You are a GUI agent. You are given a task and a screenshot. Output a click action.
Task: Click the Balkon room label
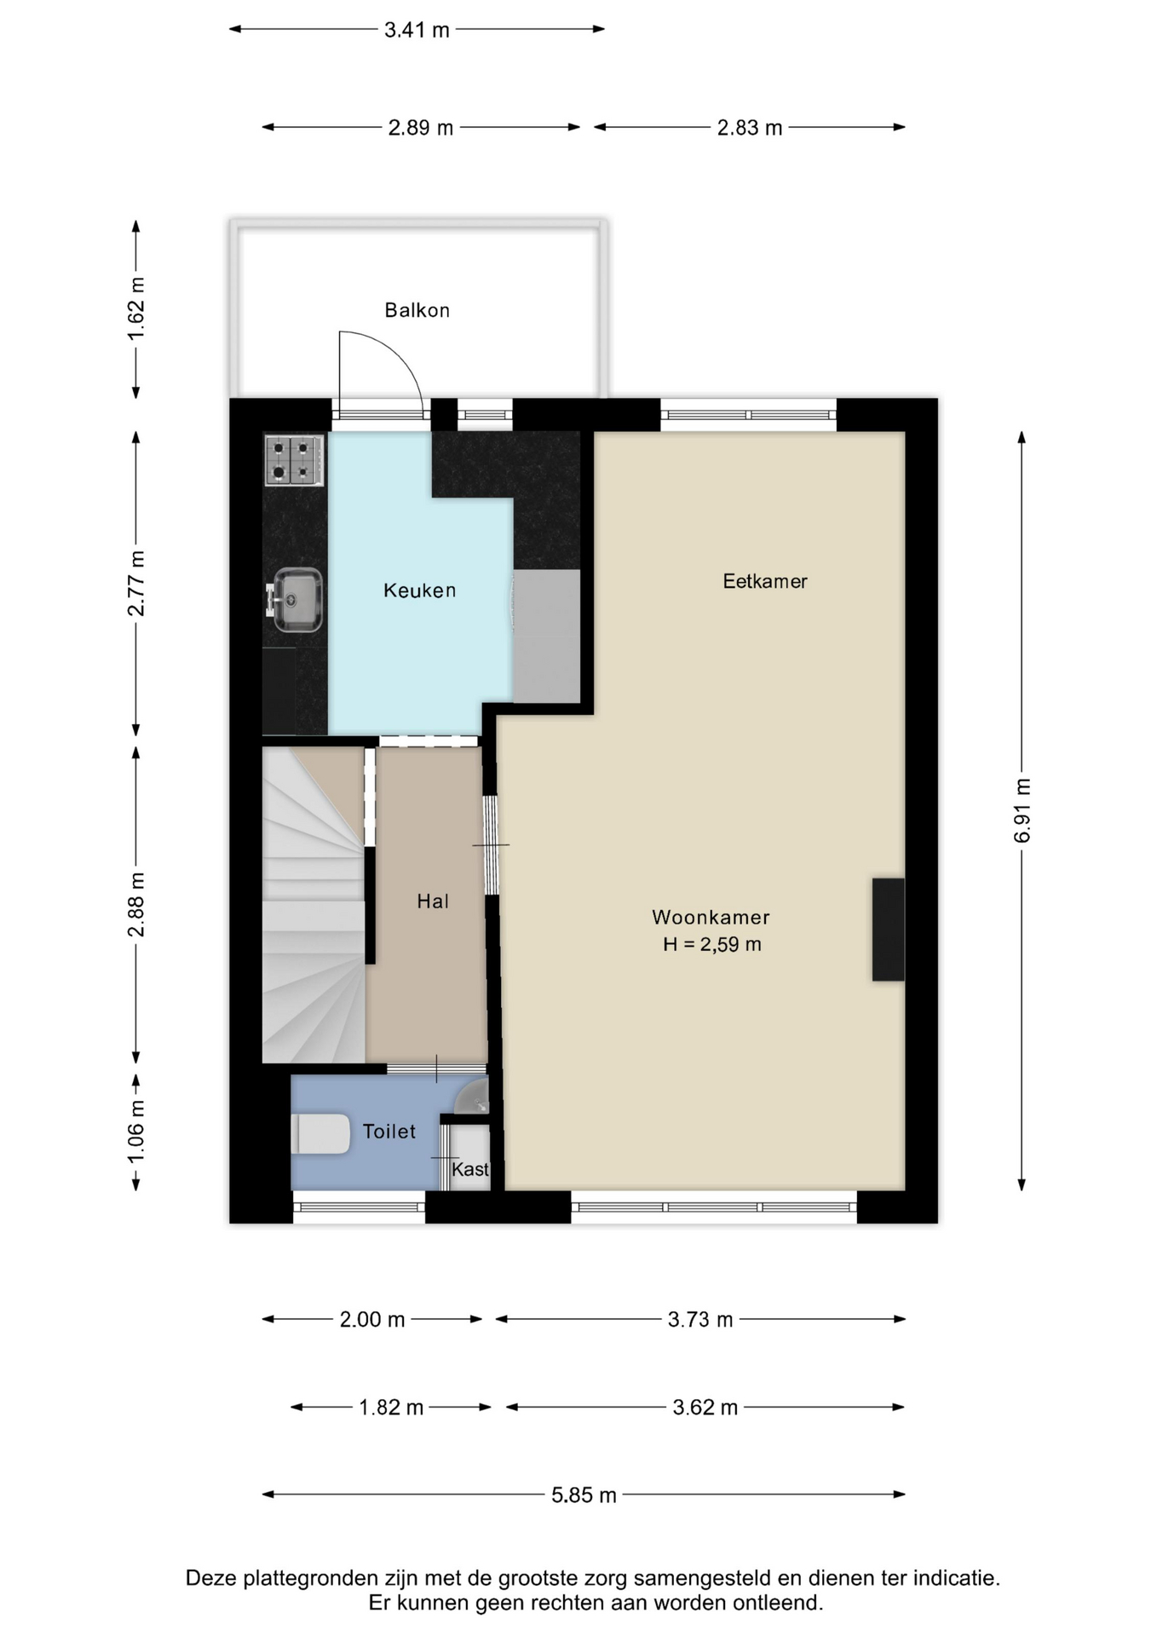[417, 310]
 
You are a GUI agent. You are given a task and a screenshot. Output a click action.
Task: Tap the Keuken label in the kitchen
[419, 590]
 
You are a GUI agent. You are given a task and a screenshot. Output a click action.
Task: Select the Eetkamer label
[765, 581]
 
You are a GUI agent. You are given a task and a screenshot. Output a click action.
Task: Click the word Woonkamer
[711, 918]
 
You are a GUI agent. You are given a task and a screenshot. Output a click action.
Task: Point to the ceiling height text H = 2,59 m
[712, 944]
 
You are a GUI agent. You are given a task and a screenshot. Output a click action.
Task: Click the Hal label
[433, 902]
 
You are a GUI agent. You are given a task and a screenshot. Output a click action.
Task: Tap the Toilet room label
[389, 1132]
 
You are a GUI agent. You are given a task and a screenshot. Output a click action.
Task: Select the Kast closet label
[470, 1169]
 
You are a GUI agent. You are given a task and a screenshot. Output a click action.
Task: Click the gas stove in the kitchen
[294, 460]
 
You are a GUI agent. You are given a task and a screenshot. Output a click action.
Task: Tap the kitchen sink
[295, 600]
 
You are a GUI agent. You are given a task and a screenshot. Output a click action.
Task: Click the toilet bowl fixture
[320, 1134]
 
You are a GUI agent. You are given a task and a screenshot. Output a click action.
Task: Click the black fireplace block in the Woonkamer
[888, 930]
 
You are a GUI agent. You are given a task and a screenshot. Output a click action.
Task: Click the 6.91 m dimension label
[1022, 811]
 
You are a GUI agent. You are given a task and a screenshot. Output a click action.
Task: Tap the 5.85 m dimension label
[584, 1495]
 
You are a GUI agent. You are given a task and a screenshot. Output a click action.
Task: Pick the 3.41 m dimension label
[417, 30]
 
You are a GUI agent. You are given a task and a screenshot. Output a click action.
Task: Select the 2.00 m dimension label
[372, 1320]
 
